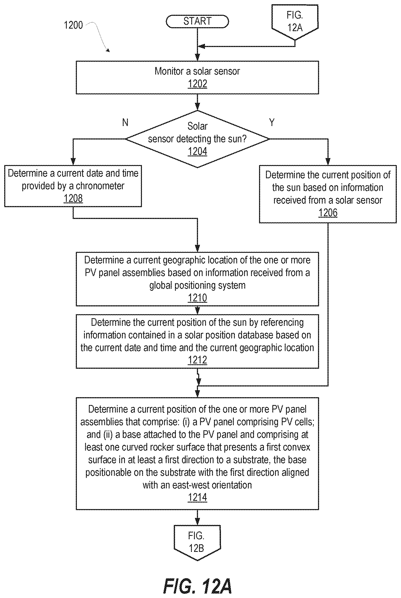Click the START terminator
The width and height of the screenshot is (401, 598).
pyautogui.click(x=197, y=21)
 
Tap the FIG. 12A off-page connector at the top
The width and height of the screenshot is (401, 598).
pyautogui.click(x=295, y=22)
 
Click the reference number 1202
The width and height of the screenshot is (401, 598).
pyautogui.click(x=197, y=84)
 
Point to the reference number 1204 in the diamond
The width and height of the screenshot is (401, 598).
pyautogui.click(x=197, y=151)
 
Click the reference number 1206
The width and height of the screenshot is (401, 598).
pyautogui.click(x=328, y=213)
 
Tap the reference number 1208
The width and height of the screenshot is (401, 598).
pyautogui.click(x=73, y=198)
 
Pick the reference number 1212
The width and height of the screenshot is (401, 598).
pyautogui.click(x=197, y=360)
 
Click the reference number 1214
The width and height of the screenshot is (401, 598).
pyautogui.click(x=197, y=497)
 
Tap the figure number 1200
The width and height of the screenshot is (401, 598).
pyautogui.click(x=73, y=25)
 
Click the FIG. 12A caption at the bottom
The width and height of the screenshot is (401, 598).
pyautogui.click(x=197, y=586)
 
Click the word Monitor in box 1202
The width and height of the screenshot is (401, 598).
pyautogui.click(x=169, y=71)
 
